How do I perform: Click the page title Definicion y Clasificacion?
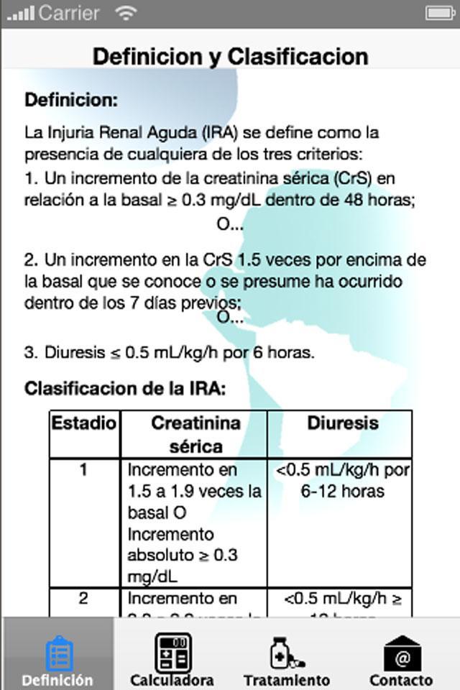[230, 56]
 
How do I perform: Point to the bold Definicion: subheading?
[71, 100]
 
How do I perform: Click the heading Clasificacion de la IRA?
[125, 389]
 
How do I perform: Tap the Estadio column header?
[83, 423]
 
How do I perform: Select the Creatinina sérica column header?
[195, 434]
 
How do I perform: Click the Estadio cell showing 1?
[83, 471]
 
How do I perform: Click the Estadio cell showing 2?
[83, 599]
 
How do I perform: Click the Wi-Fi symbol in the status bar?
[126, 12]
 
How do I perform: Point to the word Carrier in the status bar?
[70, 13]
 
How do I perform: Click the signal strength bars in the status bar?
[20, 13]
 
